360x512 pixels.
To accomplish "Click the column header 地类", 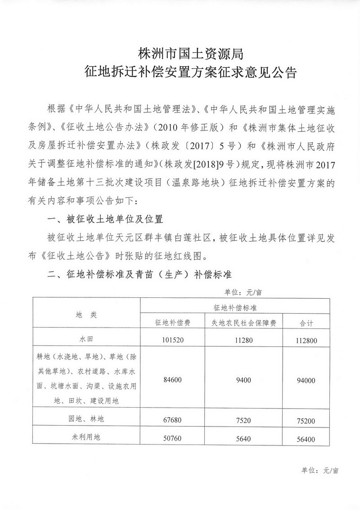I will coord(86,314).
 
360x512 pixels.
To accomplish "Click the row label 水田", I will coord(86,341).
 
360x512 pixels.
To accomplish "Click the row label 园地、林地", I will coord(86,419).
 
